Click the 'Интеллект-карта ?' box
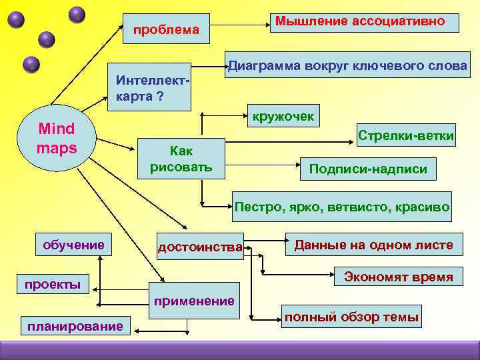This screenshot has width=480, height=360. coord(149,87)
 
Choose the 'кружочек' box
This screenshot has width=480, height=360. coord(283,117)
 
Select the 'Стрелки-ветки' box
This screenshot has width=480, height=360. coord(406,136)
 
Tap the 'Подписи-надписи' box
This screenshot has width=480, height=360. coord(369,169)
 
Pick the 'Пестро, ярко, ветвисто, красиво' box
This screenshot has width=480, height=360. coord(341,207)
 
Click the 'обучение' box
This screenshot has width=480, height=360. coord(74,245)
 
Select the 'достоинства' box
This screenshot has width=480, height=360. coord(200,248)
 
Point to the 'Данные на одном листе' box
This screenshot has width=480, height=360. coord(373,245)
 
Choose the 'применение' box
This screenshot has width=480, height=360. coord(194,301)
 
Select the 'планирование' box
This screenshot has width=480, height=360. coord(73,326)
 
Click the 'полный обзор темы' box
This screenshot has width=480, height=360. coord(351,317)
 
